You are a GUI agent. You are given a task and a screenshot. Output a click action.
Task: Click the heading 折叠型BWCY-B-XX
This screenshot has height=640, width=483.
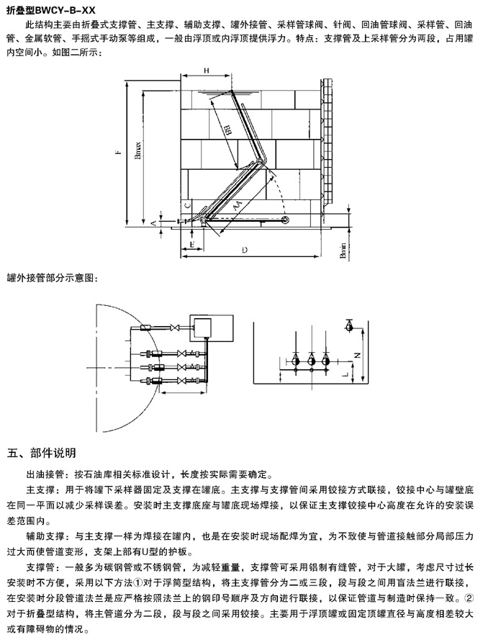click(x=50, y=9)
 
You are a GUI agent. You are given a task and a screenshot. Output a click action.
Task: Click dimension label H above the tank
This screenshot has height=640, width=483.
click(x=207, y=70)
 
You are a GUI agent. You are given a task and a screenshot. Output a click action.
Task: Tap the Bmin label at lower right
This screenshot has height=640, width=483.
click(x=343, y=251)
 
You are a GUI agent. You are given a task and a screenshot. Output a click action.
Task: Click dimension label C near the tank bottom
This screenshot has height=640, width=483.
click(x=187, y=205)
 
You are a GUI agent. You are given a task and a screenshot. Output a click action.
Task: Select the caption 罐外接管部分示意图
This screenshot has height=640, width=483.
click(x=50, y=277)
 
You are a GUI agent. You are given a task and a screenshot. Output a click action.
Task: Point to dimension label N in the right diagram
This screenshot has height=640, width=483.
click(x=358, y=355)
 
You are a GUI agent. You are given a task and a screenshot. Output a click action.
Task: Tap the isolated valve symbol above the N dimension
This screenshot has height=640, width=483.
click(x=348, y=325)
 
